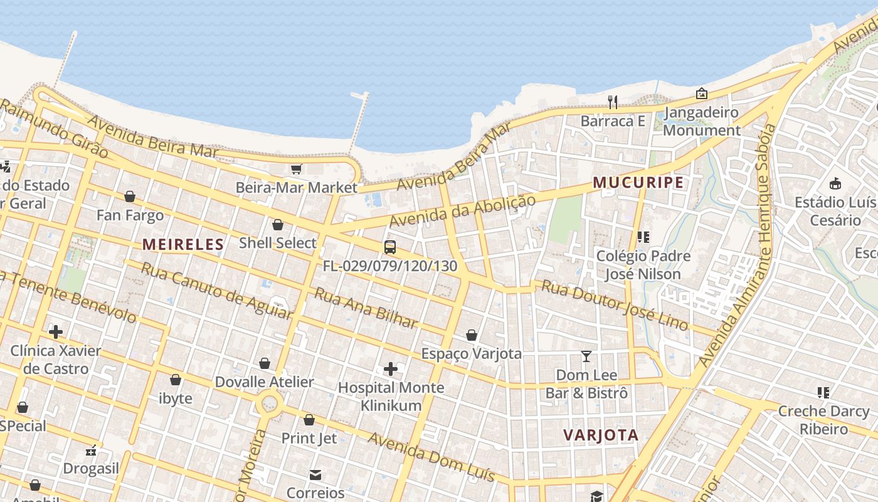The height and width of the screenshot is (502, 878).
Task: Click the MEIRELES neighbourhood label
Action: pos(183,244)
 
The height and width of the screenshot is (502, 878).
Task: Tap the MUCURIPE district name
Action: pos(638,183)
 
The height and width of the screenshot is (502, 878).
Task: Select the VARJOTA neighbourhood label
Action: pos(601,435)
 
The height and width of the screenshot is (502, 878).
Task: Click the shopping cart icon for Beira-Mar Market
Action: pos(296,169)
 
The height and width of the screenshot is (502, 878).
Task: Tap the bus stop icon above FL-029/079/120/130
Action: pos(390,247)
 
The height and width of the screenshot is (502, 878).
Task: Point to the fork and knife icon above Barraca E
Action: pos(613,102)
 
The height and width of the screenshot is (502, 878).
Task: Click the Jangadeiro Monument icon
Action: pos(702,94)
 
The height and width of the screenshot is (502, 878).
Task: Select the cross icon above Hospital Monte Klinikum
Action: pos(391,368)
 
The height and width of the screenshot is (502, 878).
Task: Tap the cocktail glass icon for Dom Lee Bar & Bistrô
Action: pos(586,356)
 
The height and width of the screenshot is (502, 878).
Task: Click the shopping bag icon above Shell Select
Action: pos(278,225)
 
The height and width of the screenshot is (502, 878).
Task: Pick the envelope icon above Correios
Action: pos(315,474)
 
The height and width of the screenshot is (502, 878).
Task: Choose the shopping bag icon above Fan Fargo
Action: pos(130,197)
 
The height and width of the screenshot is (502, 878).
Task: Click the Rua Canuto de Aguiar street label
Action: pos(216,291)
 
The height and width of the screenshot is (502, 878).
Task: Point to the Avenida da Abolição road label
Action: pos(463,211)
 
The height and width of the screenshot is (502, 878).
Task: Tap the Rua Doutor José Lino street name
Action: pos(614,305)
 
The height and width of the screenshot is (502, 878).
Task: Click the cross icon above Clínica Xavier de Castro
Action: pos(56,331)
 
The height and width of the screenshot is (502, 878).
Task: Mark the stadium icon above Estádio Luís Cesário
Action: pos(835,184)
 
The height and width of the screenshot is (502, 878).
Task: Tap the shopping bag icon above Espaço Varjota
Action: pos(471,335)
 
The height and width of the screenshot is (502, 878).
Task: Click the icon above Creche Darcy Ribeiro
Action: pos(823,393)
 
